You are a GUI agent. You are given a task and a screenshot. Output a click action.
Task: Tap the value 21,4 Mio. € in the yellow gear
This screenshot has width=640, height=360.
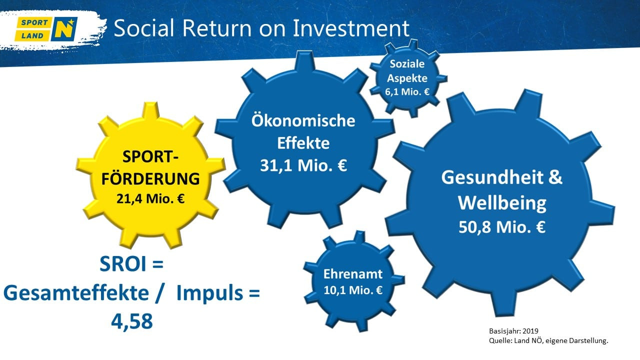(x=150, y=199)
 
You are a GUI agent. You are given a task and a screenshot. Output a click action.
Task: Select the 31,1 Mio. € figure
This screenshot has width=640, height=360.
(x=303, y=165)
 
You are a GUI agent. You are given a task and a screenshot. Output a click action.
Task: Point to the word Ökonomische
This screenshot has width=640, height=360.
(x=303, y=120)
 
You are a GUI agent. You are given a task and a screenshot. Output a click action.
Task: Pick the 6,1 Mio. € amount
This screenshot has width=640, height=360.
(x=407, y=92)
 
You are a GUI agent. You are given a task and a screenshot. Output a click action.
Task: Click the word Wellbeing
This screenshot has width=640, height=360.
(x=502, y=203)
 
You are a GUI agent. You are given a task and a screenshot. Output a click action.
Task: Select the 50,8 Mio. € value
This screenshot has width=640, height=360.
(x=502, y=227)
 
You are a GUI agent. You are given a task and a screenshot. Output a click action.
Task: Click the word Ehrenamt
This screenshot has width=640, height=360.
(x=353, y=274)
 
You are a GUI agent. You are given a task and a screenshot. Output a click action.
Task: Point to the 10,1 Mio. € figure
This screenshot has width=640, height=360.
(x=353, y=290)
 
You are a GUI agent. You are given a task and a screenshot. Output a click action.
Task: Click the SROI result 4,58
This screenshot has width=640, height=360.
(x=131, y=321)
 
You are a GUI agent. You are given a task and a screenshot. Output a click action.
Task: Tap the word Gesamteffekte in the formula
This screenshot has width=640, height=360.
(x=76, y=293)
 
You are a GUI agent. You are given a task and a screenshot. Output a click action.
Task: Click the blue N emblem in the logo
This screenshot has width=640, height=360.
(x=64, y=29)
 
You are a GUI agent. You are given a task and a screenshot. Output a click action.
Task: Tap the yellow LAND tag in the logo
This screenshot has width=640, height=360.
(x=32, y=35)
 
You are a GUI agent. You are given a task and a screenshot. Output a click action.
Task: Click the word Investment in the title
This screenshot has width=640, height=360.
(x=351, y=28)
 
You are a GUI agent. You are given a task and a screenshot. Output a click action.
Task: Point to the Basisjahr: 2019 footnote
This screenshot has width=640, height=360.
(x=513, y=331)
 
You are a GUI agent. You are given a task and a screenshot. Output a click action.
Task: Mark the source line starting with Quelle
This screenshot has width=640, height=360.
(x=548, y=340)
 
